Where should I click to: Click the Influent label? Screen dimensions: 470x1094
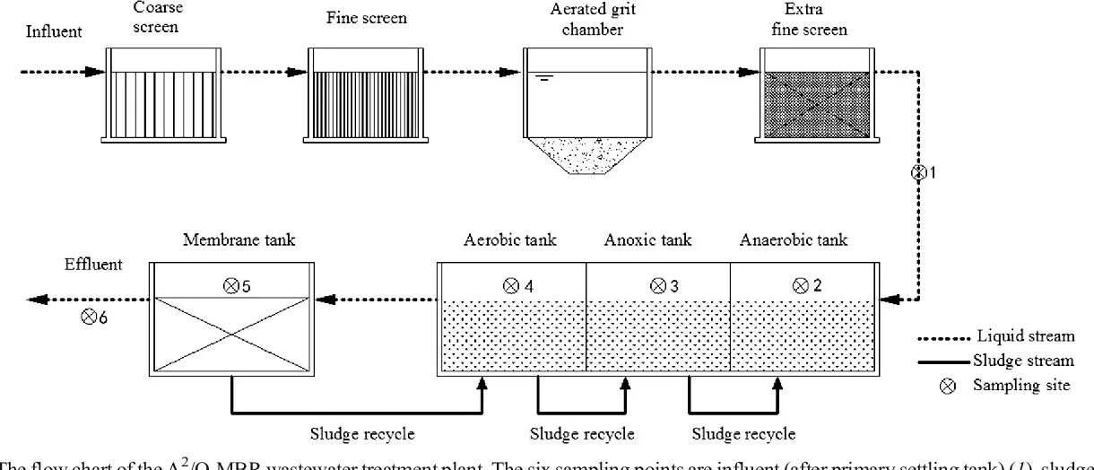54,32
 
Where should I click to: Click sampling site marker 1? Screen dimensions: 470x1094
917,173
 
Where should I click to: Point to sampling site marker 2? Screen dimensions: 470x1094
801,286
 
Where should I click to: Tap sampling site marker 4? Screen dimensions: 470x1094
512,286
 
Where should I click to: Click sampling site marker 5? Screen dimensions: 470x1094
228,286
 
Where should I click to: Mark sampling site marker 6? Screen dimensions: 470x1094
89,316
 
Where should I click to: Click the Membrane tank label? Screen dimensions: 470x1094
239,239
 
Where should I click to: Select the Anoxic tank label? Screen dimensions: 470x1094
647,239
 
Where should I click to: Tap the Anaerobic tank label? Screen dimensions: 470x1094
793,239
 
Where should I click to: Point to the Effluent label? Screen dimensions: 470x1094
93,265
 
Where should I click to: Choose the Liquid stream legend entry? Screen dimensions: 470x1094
994,337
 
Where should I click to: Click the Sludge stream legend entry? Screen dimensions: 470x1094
994,361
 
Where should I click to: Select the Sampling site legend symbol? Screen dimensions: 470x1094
951,386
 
